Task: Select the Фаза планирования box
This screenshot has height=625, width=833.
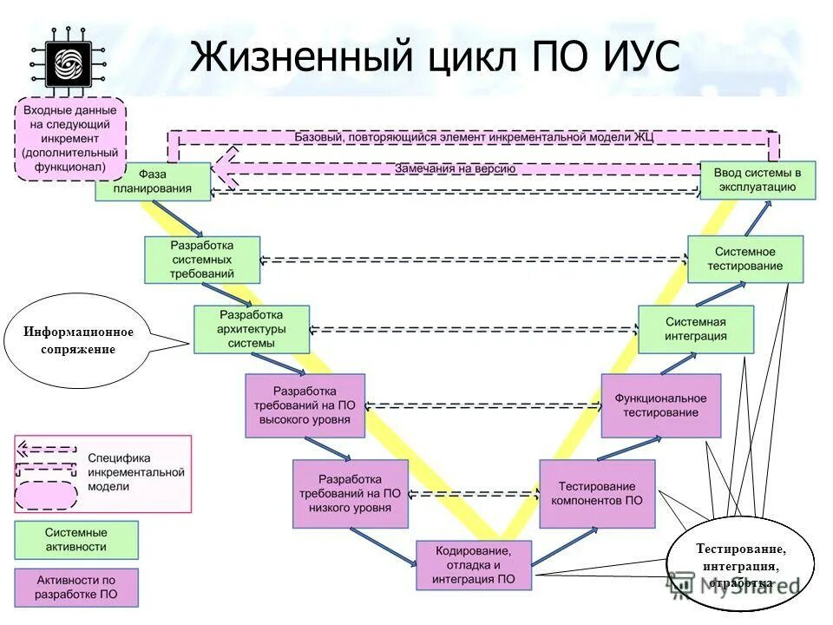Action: (x=153, y=181)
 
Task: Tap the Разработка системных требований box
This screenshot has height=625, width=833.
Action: (x=202, y=260)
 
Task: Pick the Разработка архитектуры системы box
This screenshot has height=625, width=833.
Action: (x=251, y=329)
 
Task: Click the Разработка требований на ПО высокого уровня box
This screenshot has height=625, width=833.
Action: (x=305, y=405)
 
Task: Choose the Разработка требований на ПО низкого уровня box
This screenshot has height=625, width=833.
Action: (x=350, y=493)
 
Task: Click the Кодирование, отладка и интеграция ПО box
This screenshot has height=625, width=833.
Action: (x=473, y=565)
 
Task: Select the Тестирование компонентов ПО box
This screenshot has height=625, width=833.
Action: (x=597, y=493)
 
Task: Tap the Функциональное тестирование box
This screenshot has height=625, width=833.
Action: (x=660, y=405)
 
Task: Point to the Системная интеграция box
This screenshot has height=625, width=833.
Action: (x=696, y=329)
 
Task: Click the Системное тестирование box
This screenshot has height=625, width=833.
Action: (x=745, y=259)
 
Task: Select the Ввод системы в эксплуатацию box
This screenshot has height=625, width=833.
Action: (x=758, y=180)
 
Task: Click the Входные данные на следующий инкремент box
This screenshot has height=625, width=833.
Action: (x=70, y=139)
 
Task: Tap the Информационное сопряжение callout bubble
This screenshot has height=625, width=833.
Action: (x=78, y=340)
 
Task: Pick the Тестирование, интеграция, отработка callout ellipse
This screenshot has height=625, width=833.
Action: (x=741, y=565)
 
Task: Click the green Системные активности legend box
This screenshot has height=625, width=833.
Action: (x=76, y=539)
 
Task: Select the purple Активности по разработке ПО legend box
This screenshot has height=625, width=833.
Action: (x=76, y=588)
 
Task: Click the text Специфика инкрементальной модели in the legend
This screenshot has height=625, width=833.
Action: (x=135, y=472)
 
